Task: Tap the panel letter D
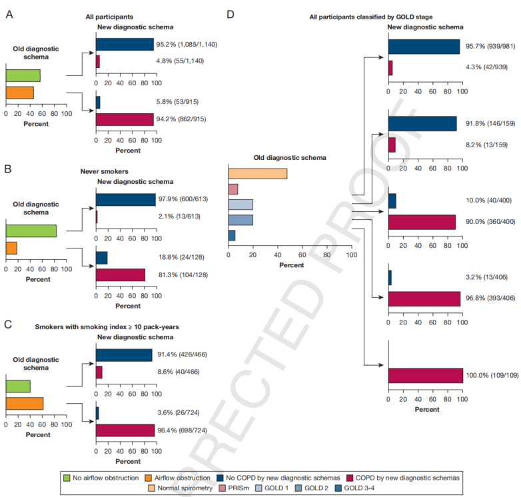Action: coord(230,13)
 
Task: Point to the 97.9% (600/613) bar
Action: coord(125,199)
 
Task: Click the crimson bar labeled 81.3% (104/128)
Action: coord(121,274)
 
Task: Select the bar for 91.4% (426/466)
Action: coord(124,355)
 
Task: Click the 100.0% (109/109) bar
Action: coord(425,376)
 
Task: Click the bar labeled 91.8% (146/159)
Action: coord(422,124)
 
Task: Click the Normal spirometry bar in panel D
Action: coord(258,174)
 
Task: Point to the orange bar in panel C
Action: coord(24,403)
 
